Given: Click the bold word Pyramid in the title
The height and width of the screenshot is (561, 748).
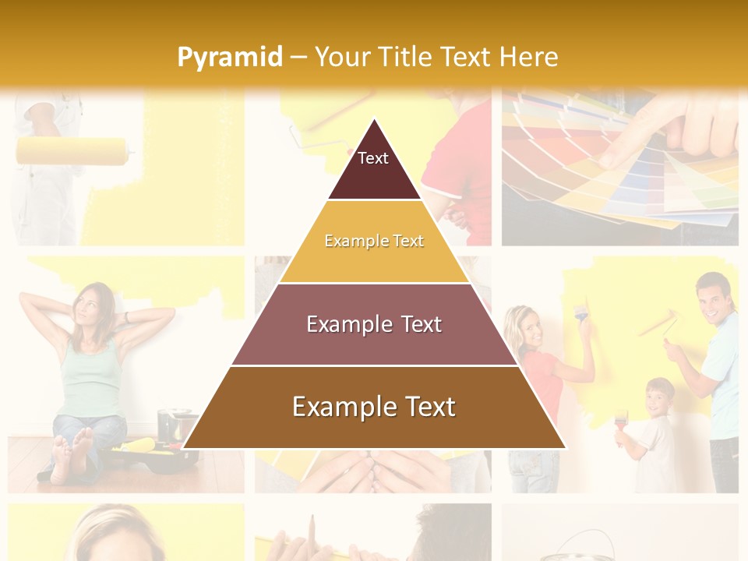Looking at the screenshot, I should point(229,57).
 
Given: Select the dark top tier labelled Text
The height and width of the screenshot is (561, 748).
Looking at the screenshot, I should point(374,167).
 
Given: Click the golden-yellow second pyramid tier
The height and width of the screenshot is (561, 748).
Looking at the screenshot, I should point(374,242).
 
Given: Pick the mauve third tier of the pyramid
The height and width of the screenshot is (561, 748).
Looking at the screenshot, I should point(374,324).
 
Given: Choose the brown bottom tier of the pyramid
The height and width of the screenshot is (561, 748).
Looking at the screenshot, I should point(374,408).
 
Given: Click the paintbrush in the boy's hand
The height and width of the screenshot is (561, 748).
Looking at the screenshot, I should point(620,422).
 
